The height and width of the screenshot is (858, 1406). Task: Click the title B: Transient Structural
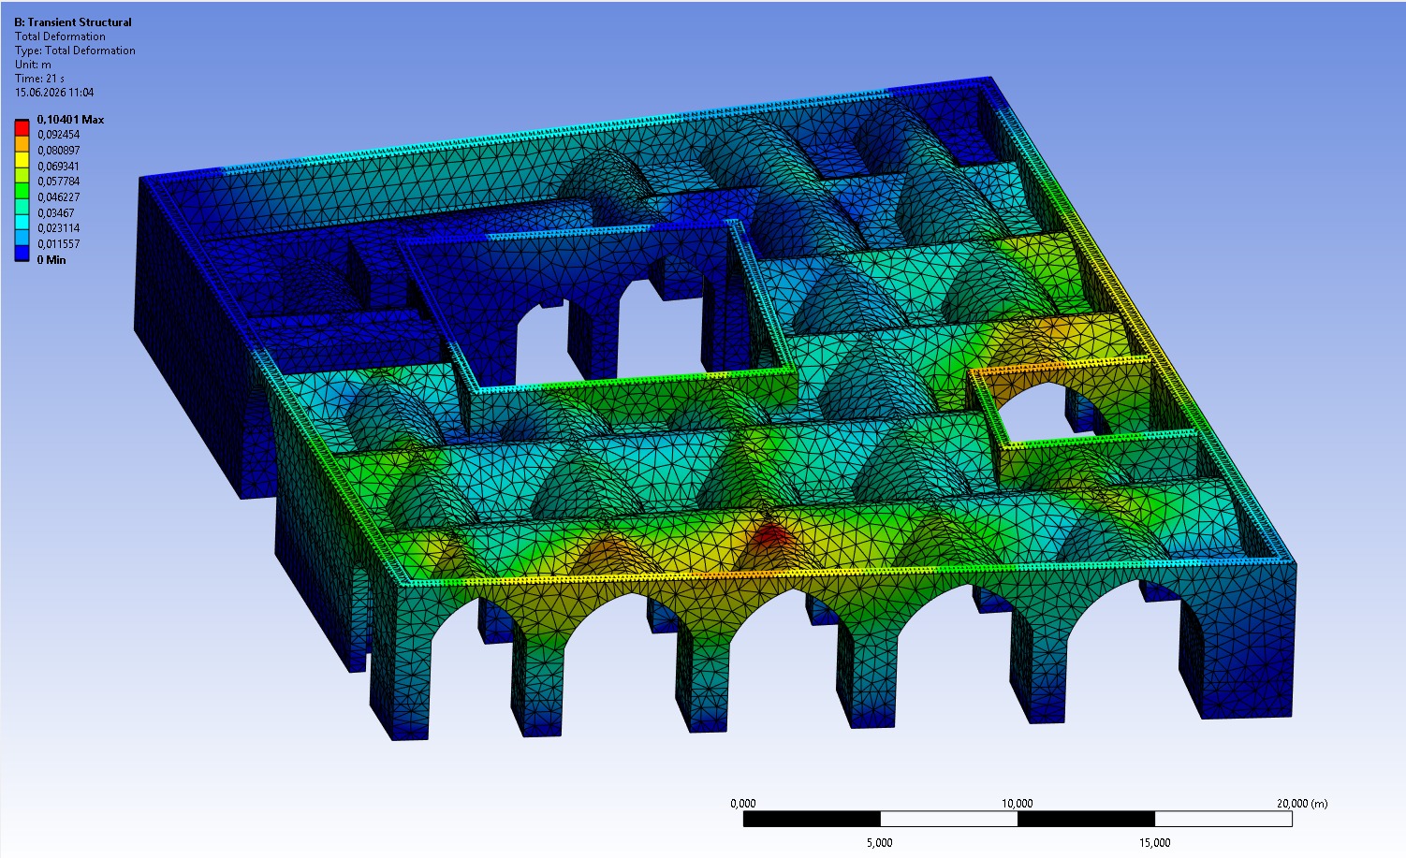(x=73, y=22)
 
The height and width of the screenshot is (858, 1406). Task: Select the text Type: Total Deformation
(x=75, y=51)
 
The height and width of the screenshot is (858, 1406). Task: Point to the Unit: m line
(x=34, y=65)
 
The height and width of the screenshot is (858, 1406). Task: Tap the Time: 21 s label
(x=39, y=79)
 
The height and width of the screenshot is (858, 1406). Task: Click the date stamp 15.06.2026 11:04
(x=54, y=93)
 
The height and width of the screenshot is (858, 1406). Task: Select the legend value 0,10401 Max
(x=70, y=119)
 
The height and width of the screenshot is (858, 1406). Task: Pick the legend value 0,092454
(x=58, y=135)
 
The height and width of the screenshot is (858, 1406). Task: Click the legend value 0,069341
(x=58, y=167)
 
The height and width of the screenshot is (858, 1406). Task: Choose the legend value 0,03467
(x=56, y=213)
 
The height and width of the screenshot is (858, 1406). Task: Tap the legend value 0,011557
(x=58, y=244)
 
